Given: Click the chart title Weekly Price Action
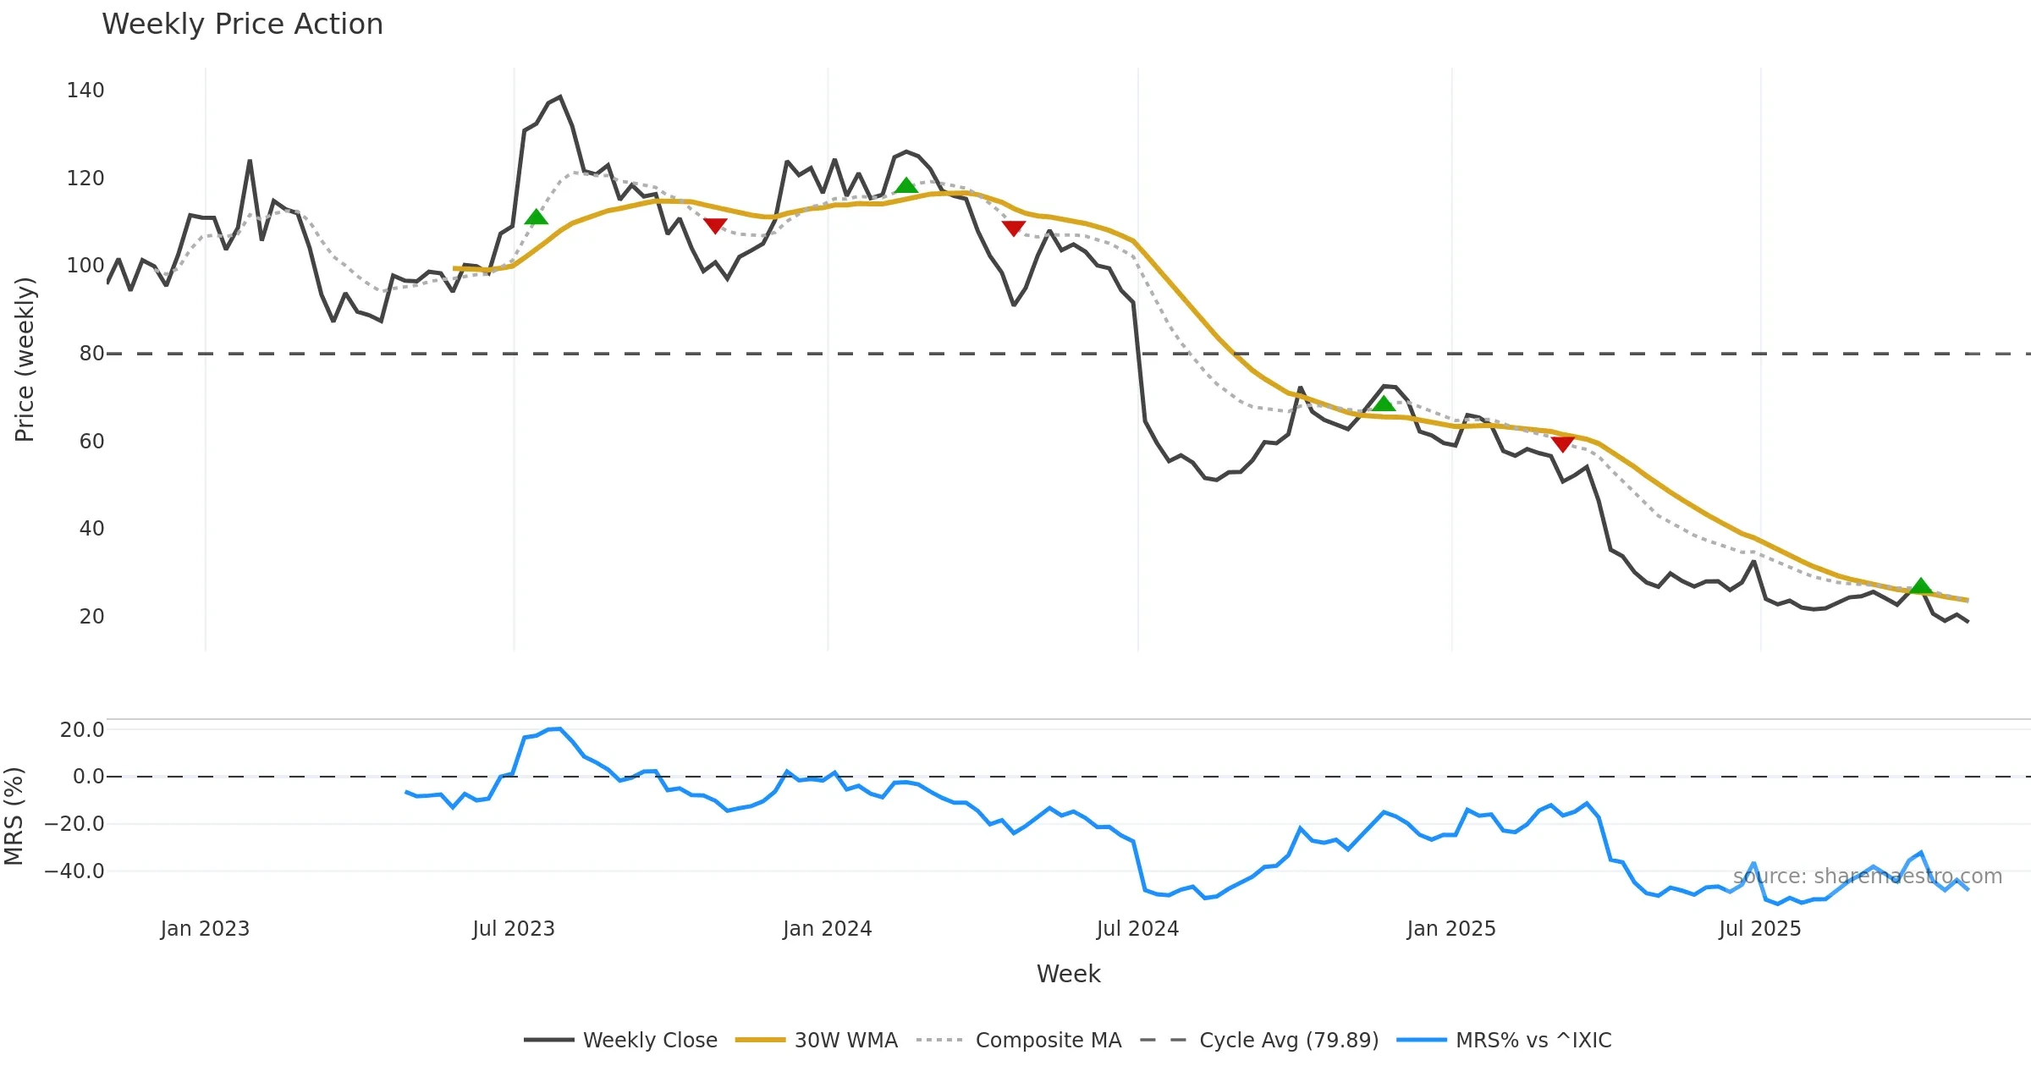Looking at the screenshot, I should click(x=242, y=25).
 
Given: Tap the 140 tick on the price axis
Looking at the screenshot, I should click(x=85, y=91).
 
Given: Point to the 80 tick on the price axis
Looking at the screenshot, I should click(x=91, y=354).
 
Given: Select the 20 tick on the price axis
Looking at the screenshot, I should click(x=91, y=617).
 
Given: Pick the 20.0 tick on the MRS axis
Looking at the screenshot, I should click(x=82, y=730).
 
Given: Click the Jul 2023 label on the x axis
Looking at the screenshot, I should click(x=513, y=929).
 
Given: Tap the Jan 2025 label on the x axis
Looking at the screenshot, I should click(x=1451, y=929).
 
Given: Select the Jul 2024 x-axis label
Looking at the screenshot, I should click(x=1137, y=929).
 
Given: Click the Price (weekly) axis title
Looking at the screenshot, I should click(x=25, y=360).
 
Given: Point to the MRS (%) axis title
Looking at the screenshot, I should click(x=14, y=816).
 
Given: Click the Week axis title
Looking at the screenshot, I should click(x=1068, y=975).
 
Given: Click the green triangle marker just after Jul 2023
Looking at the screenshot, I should click(x=536, y=218).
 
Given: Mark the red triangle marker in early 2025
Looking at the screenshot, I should click(x=1562, y=444).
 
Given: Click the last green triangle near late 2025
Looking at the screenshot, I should click(x=1921, y=586).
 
